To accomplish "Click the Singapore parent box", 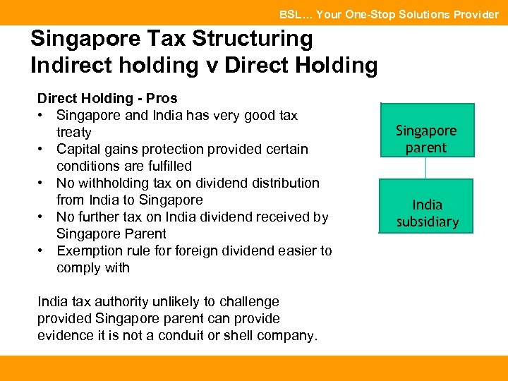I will click(426, 138).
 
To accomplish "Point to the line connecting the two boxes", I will click(425, 168).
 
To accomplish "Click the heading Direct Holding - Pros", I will click(107, 98).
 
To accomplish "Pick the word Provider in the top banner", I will click(473, 14).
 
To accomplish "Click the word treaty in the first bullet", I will click(74, 132).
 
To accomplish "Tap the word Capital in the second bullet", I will click(79, 149).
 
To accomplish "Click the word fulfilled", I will click(167, 166).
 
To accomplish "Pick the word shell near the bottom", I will click(248, 335).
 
